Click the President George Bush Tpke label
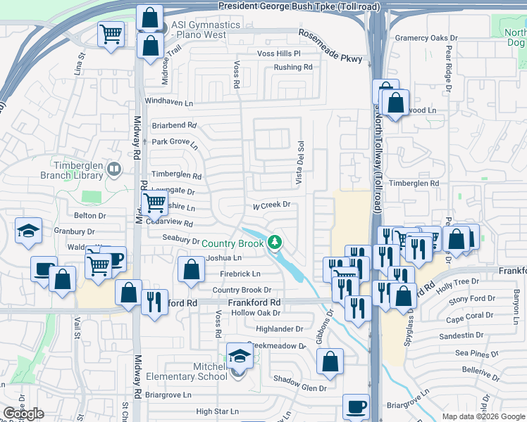299,6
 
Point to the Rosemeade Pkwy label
330,46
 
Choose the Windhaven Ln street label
168,102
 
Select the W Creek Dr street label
272,205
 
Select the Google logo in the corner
23,414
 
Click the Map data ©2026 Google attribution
483,416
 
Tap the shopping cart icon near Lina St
111,34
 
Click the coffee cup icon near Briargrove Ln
355,407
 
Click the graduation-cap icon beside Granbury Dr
28,230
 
